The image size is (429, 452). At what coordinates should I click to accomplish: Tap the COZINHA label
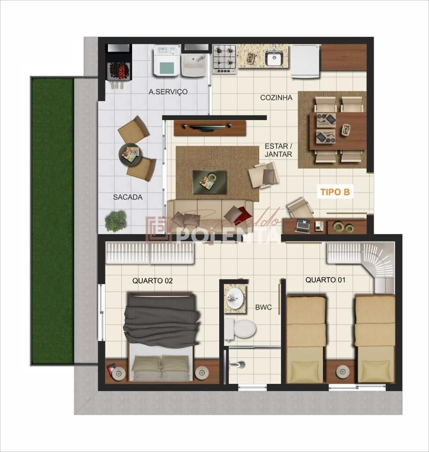[276, 98]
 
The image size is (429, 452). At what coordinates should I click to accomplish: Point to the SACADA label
[128, 197]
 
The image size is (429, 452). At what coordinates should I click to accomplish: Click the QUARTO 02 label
[152, 280]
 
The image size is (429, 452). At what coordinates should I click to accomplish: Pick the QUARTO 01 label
[325, 280]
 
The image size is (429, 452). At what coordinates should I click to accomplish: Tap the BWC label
[263, 307]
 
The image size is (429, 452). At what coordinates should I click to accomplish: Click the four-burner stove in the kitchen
[224, 59]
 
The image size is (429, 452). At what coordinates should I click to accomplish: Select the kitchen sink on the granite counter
[274, 58]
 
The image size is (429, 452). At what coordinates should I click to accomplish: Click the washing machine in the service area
[166, 61]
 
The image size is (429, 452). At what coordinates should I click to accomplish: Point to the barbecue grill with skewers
[118, 71]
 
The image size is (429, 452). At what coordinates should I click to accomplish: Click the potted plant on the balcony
[116, 221]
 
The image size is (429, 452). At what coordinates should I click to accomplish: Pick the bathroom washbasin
[234, 298]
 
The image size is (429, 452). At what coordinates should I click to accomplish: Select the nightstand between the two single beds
[342, 372]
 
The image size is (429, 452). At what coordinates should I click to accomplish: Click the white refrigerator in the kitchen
[305, 61]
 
